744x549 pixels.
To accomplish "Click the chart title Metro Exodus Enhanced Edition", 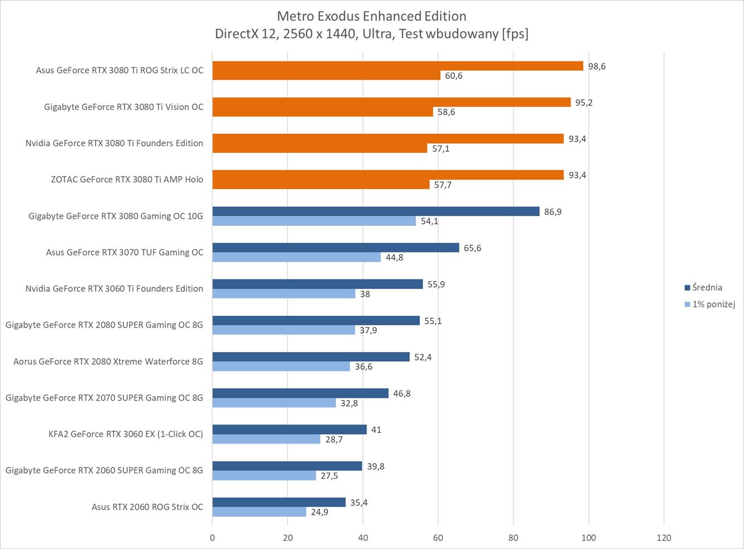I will [371, 16].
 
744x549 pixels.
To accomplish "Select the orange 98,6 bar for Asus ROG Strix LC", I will [397, 66].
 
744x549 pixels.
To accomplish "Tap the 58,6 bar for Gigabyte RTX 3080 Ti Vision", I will [323, 112].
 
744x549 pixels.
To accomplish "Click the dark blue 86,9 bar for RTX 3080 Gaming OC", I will [376, 211].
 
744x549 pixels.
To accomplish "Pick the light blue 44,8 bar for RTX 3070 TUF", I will [296, 257].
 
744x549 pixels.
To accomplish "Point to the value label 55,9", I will [436, 285].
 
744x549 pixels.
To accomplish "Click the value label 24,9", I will [319, 512].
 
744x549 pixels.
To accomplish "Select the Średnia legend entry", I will [707, 288].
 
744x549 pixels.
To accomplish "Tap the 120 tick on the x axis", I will [664, 538].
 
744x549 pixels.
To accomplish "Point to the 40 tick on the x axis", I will [363, 538].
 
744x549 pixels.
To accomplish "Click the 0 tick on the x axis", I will [212, 538].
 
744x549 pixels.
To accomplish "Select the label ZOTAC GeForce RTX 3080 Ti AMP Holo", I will [127, 180].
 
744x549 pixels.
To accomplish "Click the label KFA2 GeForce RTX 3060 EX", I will [126, 434].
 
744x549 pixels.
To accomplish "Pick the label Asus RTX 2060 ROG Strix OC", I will [147, 507].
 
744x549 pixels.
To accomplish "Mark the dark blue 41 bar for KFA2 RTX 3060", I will [289, 430].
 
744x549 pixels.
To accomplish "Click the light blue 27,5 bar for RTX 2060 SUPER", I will [264, 476].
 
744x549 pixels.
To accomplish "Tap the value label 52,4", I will [423, 357].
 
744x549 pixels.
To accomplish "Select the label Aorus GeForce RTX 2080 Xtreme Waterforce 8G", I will [108, 362].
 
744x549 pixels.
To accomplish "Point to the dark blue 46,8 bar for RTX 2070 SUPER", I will [300, 393].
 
